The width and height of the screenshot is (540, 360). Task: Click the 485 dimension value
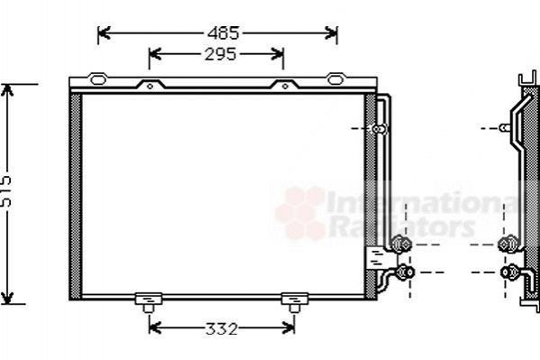click(x=224, y=33)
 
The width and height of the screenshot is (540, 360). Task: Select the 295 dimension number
click(x=220, y=54)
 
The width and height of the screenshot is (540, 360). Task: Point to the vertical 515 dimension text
click(x=5, y=191)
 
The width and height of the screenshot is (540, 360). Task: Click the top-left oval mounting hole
click(x=97, y=79)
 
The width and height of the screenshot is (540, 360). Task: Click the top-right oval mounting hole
click(x=335, y=79)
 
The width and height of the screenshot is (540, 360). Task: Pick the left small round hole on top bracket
click(x=150, y=87)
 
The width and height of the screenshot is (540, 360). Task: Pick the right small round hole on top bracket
click(x=285, y=87)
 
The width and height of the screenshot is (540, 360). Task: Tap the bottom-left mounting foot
click(x=149, y=302)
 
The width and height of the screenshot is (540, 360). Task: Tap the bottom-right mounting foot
click(x=295, y=302)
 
